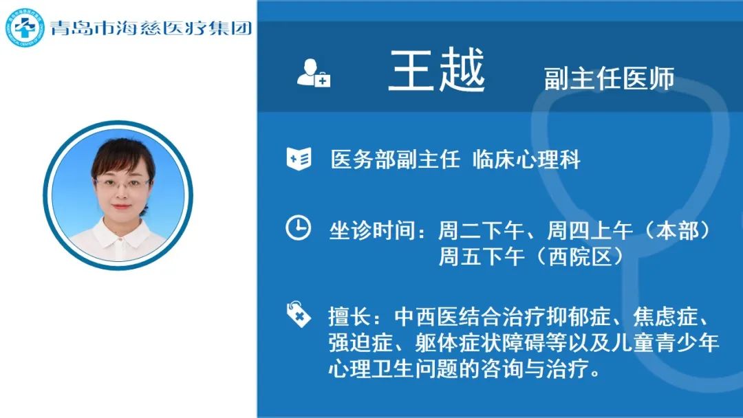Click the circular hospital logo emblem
tap(24, 27)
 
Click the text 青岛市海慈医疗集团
tap(151, 28)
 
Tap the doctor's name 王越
tap(437, 70)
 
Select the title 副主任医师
tap(609, 78)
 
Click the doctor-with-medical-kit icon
tap(313, 73)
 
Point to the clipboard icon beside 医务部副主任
tap(299, 158)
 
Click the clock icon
tap(299, 228)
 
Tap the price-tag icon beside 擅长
tap(299, 314)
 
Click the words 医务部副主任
tap(395, 159)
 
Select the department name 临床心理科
tap(526, 159)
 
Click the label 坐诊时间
tap(372, 231)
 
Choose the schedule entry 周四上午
tap(590, 231)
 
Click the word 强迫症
tap(360, 343)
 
